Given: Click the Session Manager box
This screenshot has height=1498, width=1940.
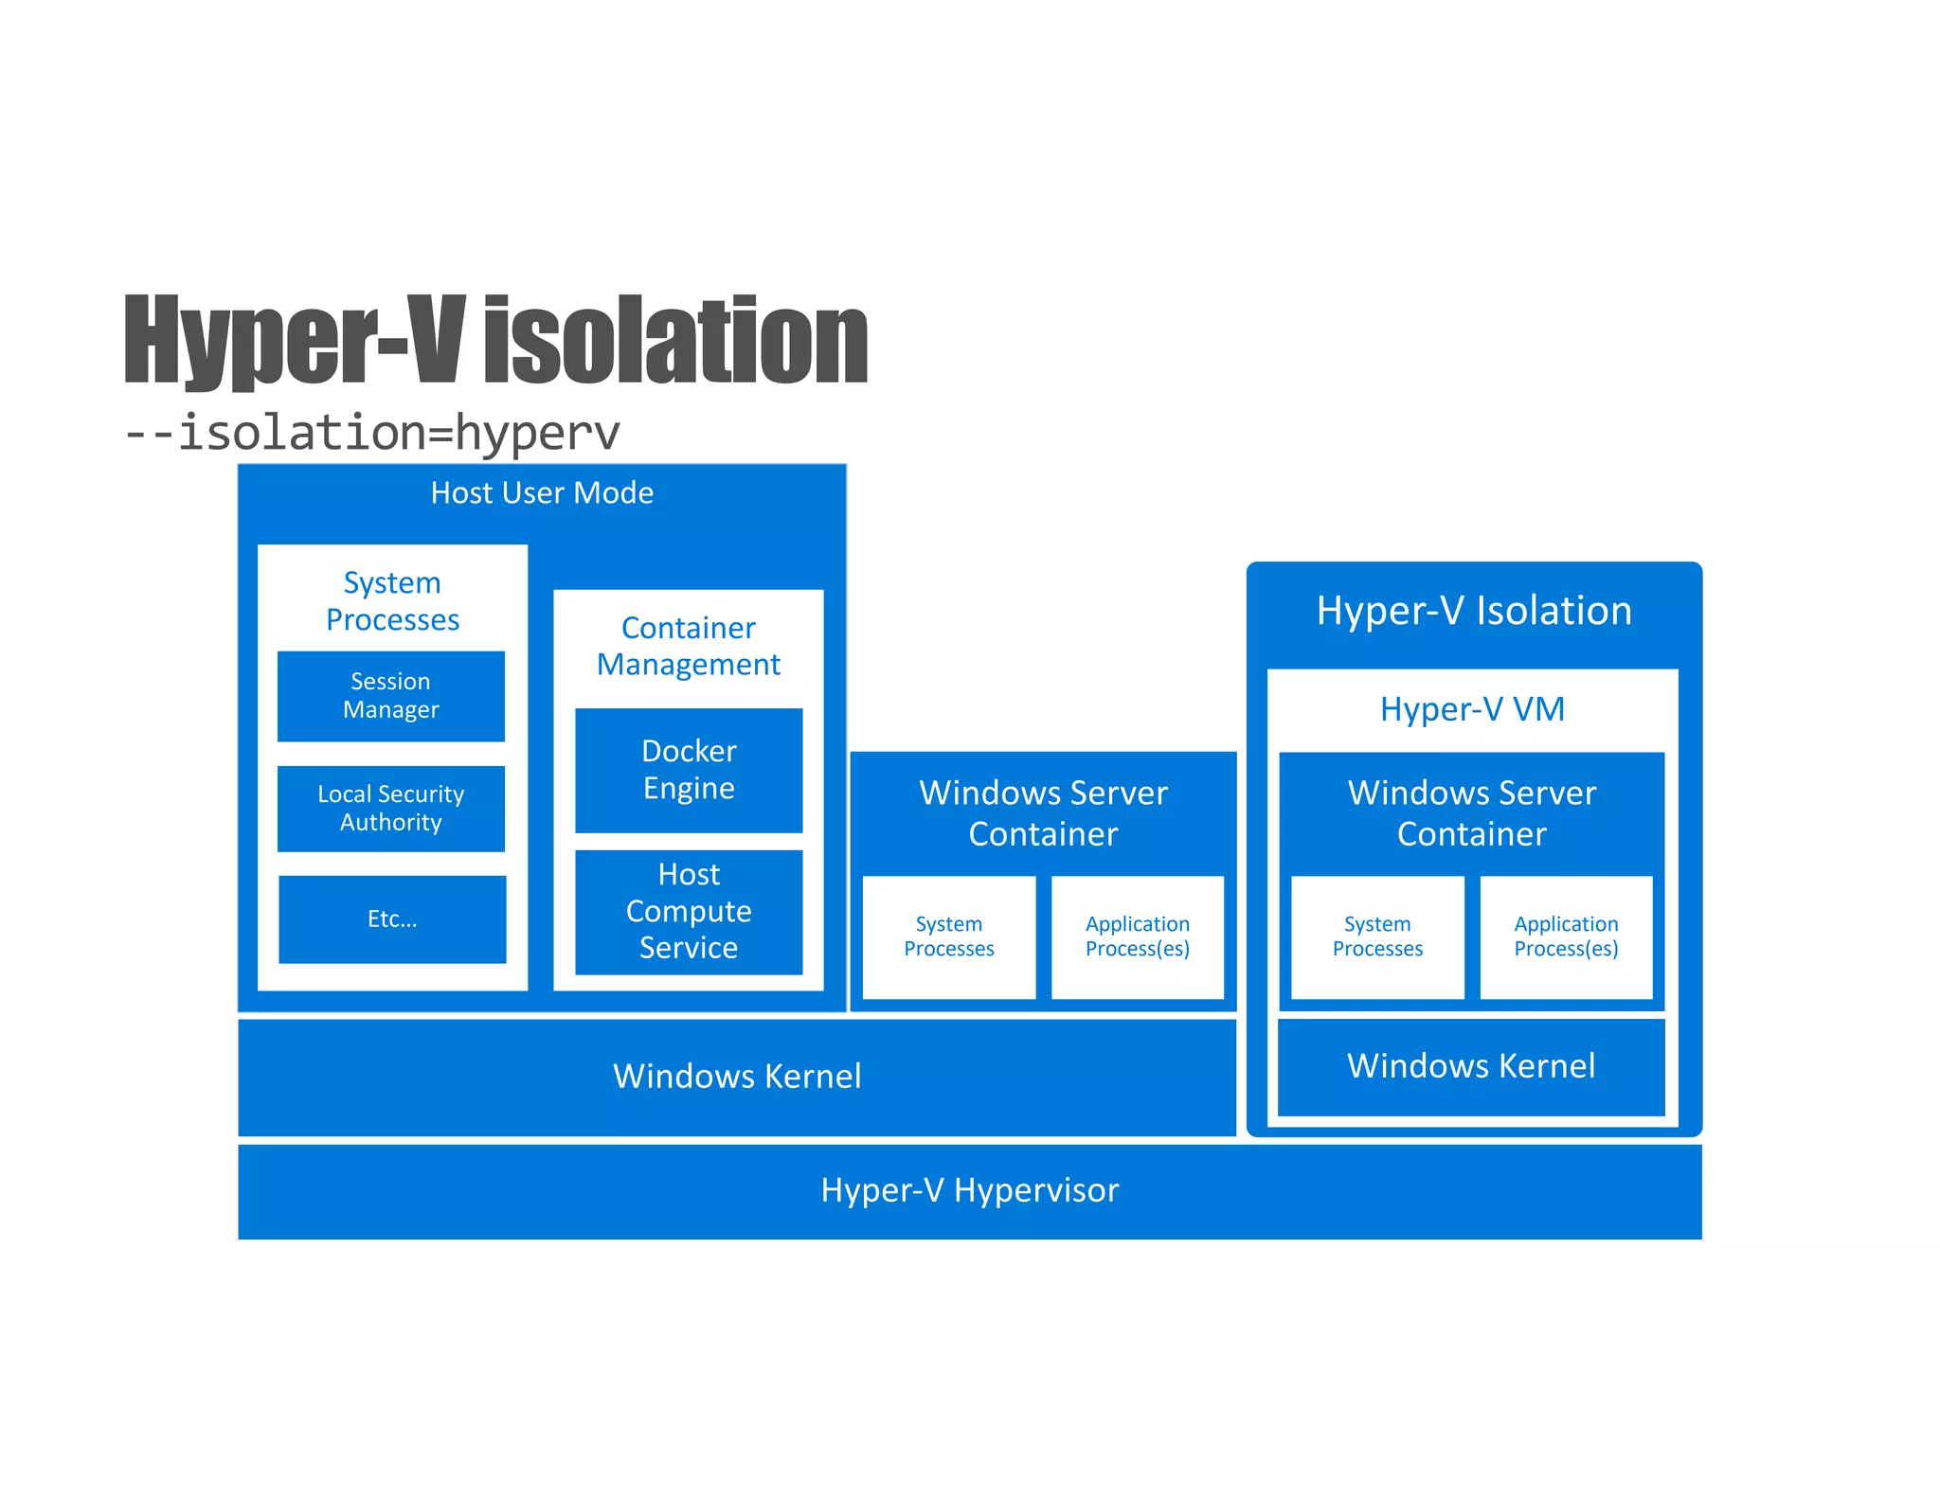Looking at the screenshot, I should coord(390,696).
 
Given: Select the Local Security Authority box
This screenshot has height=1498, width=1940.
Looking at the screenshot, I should coord(390,808).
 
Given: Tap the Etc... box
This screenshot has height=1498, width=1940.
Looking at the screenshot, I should coord(392,918).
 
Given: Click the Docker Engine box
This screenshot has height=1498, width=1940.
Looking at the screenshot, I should coord(689,770).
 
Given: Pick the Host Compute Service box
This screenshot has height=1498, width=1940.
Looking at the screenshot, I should coord(689,911).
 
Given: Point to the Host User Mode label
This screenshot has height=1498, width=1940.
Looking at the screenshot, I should coord(542,492).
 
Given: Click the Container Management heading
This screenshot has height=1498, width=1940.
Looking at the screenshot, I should coord(689,646).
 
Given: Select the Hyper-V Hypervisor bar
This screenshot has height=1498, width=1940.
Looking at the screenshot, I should coord(969,1190).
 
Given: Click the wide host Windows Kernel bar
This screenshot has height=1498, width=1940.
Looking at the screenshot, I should coord(737,1077).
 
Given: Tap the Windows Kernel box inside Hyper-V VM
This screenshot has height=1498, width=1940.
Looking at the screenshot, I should coord(1471,1066).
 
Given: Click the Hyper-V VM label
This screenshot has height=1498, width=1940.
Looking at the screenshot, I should coord(1472,709).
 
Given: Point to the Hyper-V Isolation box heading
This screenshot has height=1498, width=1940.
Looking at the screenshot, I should coord(1474,611).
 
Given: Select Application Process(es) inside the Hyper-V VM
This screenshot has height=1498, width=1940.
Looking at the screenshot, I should coord(1566,936).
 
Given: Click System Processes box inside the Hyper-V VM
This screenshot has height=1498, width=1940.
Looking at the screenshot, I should coord(1377,936).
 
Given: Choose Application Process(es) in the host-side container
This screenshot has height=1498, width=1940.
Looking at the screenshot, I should coord(1137,936).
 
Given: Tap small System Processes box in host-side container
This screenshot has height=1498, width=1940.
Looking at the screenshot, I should coord(948,936).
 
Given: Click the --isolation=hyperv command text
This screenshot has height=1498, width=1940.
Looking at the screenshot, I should coord(372,433).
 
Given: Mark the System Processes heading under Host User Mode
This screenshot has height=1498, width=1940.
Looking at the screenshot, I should coord(392,600).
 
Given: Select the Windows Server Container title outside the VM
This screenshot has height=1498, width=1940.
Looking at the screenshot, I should coord(1043,812).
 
